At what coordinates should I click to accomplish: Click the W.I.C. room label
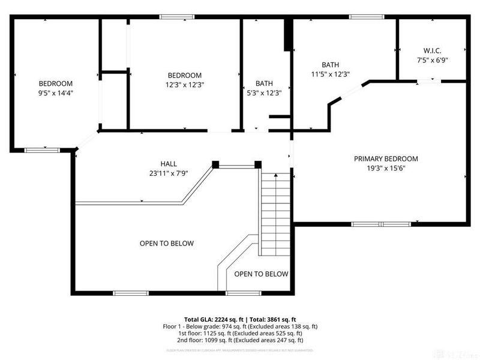pos(432,50)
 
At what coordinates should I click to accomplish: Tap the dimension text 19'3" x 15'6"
pos(385,169)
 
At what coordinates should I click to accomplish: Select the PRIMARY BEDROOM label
pos(385,159)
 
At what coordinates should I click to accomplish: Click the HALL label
pos(169,164)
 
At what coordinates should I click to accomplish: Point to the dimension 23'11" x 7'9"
pos(169,173)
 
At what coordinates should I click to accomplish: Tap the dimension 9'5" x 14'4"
pos(56,93)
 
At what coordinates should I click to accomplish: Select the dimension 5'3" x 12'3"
pos(264,93)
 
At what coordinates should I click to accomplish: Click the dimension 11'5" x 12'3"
pos(330,74)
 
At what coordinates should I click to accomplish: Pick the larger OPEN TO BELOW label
pos(167,243)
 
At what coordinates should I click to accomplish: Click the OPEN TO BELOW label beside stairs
pos(261,274)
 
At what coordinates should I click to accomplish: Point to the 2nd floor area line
pos(240,340)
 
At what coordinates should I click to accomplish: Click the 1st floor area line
pos(240,333)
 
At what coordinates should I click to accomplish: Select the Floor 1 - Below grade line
pos(240,326)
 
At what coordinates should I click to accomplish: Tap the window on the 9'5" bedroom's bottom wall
pos(42,149)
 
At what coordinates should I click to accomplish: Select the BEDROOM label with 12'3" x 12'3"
pos(184,75)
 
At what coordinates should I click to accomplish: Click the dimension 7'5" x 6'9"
pos(432,60)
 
